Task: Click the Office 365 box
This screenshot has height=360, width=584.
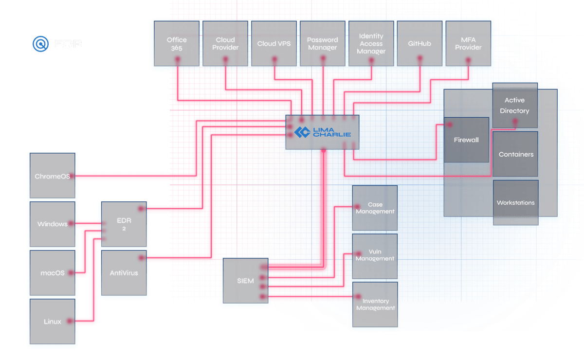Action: pyautogui.click(x=176, y=44)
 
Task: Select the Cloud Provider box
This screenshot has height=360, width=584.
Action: pyautogui.click(x=225, y=44)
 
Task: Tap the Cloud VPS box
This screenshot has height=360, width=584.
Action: pyautogui.click(x=274, y=44)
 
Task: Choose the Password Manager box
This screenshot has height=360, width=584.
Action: pyautogui.click(x=322, y=44)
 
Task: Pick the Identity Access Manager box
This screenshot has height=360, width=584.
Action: pyautogui.click(x=371, y=44)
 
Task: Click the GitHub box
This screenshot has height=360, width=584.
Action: pyautogui.click(x=420, y=44)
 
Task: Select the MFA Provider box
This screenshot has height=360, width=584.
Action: pyautogui.click(x=468, y=44)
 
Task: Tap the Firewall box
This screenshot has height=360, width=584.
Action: pyautogui.click(x=466, y=140)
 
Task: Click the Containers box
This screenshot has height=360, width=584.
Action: pyautogui.click(x=516, y=154)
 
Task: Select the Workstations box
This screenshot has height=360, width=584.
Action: pyautogui.click(x=516, y=203)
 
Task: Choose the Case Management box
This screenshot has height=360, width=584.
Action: pyautogui.click(x=375, y=208)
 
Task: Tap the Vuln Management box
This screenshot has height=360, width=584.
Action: pyautogui.click(x=375, y=256)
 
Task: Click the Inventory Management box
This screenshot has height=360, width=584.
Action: pyautogui.click(x=375, y=304)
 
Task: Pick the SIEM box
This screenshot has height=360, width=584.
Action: pyautogui.click(x=245, y=282)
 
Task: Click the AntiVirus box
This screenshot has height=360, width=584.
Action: pyautogui.click(x=124, y=273)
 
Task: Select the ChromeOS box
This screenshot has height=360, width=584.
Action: pyautogui.click(x=52, y=176)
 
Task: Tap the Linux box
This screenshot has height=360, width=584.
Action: pyautogui.click(x=52, y=322)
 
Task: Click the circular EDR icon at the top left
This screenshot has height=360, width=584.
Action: pyautogui.click(x=41, y=44)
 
